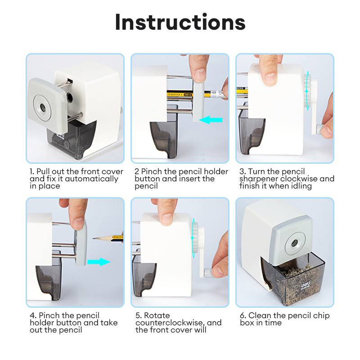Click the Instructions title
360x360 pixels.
(x=180, y=22)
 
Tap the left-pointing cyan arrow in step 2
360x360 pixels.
(x=211, y=120)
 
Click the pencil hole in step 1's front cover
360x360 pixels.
(x=43, y=106)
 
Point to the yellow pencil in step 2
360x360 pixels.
(x=184, y=94)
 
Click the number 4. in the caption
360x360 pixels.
(x=32, y=315)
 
